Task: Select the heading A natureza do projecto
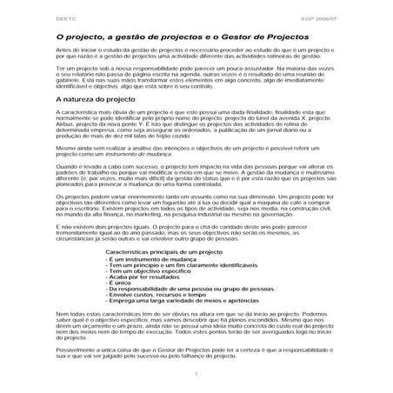pos(96,101)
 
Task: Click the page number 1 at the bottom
pos(198,374)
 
